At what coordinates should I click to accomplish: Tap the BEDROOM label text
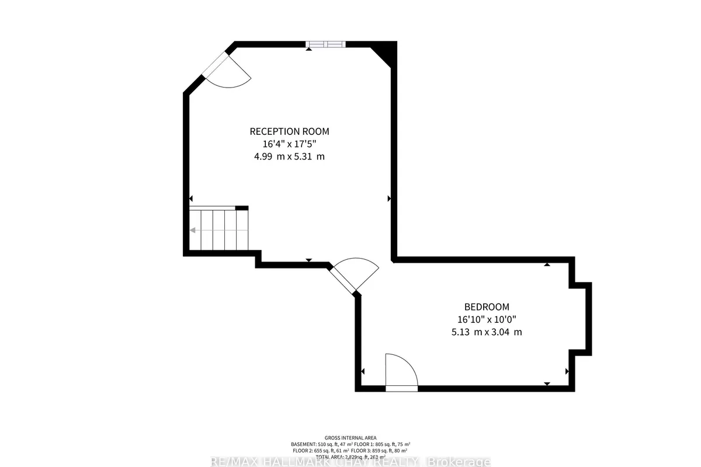pyautogui.click(x=487, y=306)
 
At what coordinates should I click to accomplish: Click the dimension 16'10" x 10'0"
pyautogui.click(x=487, y=319)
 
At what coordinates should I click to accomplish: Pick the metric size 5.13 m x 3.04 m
pyautogui.click(x=487, y=332)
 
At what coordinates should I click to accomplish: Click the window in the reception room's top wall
pyautogui.click(x=326, y=44)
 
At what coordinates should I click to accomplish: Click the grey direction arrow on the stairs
pyautogui.click(x=193, y=230)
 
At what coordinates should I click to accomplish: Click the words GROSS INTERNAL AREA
pyautogui.click(x=350, y=438)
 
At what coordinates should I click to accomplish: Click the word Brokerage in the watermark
pyautogui.click(x=459, y=462)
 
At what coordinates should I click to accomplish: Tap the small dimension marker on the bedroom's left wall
pyautogui.click(x=363, y=371)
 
